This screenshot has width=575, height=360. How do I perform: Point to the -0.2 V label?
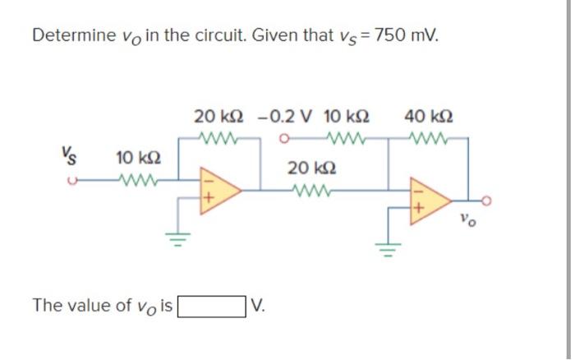(x=283, y=116)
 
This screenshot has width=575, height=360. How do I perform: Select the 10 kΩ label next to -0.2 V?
(x=347, y=116)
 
